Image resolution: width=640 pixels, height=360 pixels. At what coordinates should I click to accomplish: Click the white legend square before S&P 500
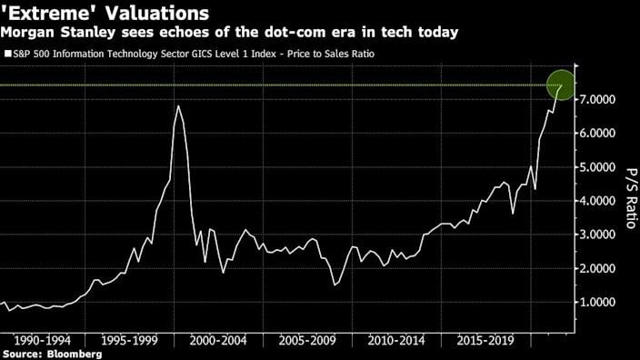(7, 55)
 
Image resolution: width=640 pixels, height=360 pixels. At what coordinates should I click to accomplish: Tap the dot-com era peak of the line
(177, 106)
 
